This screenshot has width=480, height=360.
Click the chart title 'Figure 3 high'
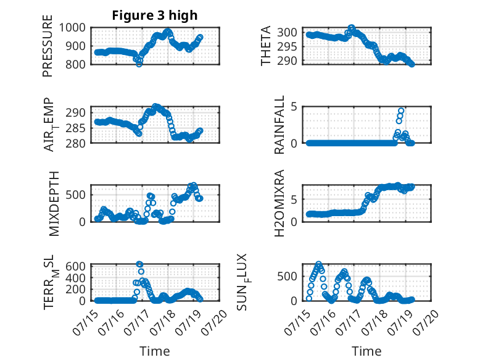(x=155, y=15)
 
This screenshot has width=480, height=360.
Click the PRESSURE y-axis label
(x=48, y=46)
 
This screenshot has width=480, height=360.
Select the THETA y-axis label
(x=266, y=46)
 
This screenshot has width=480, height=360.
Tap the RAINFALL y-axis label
(x=279, y=125)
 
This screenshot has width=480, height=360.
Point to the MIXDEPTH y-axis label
(x=54, y=204)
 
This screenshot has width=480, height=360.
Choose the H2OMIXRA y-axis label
(x=279, y=203)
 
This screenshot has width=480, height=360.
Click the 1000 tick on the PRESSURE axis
(x=72, y=28)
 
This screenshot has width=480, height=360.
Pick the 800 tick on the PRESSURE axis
(x=76, y=64)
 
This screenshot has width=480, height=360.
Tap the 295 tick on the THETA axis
(x=287, y=46)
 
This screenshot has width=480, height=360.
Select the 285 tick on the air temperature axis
(x=76, y=128)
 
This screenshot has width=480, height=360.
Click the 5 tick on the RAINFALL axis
(x=294, y=107)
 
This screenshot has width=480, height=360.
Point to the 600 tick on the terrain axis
(x=76, y=266)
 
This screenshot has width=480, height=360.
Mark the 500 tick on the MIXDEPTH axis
(x=76, y=195)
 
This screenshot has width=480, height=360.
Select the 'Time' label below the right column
(x=366, y=351)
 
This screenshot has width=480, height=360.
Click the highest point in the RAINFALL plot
(x=401, y=111)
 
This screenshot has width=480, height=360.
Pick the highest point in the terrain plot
(x=139, y=264)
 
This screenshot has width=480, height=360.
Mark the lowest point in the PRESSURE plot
(x=139, y=64)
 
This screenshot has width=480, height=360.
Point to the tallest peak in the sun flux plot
(x=318, y=264)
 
